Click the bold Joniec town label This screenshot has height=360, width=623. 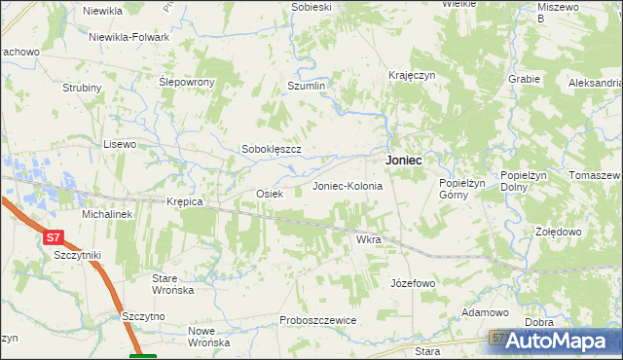click(403, 161)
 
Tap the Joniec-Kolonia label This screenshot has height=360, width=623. click(347, 185)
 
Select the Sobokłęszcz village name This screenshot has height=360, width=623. click(272, 149)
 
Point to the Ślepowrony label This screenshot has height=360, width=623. click(186, 82)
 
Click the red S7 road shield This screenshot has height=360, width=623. click(53, 236)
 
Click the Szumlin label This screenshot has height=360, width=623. click(306, 86)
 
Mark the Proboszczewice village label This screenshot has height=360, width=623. click(317, 320)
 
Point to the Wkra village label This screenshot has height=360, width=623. click(368, 238)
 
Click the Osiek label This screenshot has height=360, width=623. click(269, 194)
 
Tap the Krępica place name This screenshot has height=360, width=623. click(184, 201)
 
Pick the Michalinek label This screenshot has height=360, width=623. click(106, 213)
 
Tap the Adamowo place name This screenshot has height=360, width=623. click(486, 312)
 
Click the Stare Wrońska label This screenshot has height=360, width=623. click(172, 284)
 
